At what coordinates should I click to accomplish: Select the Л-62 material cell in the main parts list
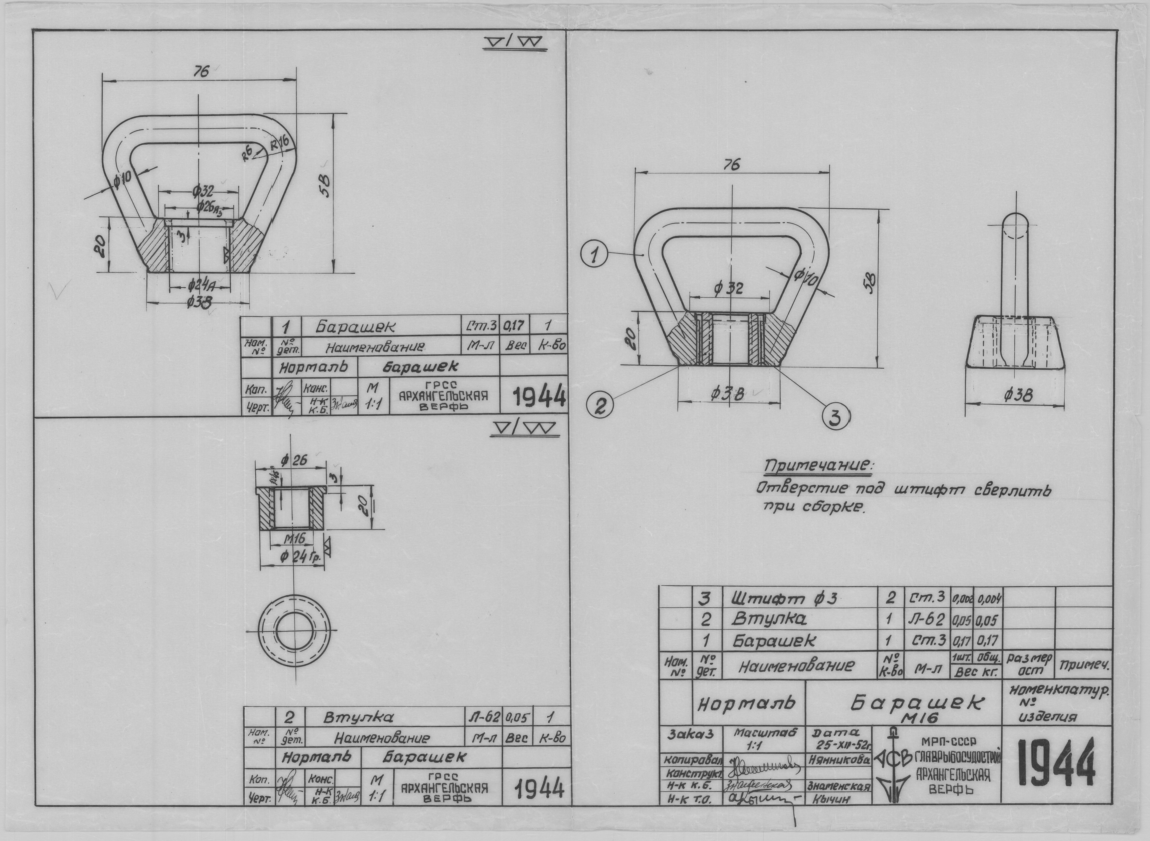click(x=926, y=620)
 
